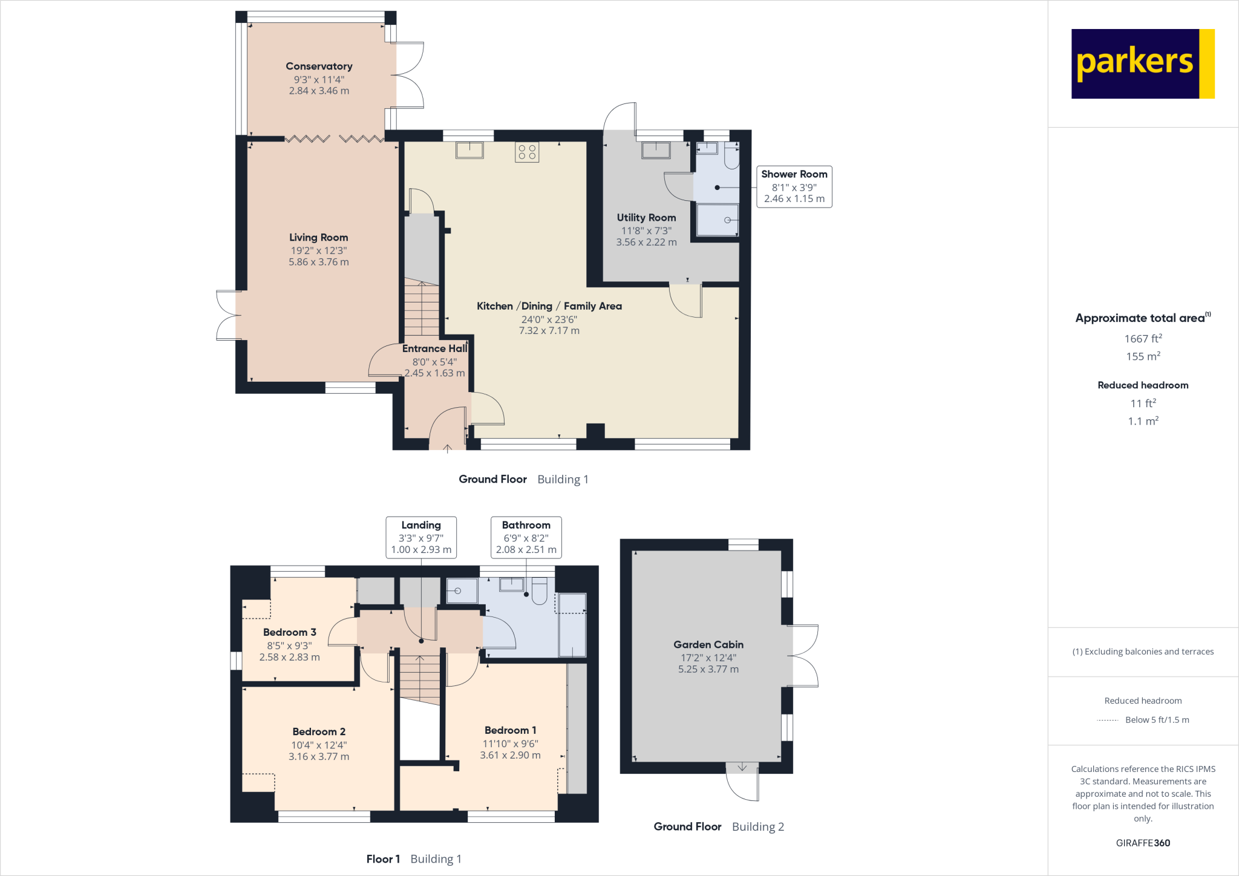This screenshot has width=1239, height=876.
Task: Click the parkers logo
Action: [x=1142, y=64]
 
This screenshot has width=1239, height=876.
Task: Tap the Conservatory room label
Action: [x=319, y=67]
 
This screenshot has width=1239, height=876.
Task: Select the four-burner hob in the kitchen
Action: [x=527, y=152]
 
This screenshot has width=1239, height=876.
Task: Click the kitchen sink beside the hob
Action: [x=469, y=149]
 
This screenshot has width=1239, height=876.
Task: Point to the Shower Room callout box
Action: [x=794, y=186]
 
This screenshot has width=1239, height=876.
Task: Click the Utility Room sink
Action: [x=656, y=149]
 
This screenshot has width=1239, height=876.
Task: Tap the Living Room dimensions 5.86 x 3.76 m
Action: [x=319, y=262]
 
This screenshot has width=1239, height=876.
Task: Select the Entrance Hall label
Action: [x=434, y=348]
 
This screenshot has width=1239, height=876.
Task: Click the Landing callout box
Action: [x=421, y=537]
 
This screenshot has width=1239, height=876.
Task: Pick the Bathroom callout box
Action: [x=526, y=537]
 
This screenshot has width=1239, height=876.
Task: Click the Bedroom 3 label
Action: [x=290, y=632]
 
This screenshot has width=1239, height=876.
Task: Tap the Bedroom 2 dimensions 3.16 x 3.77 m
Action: [x=319, y=757]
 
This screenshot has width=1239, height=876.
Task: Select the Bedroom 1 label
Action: [x=510, y=730]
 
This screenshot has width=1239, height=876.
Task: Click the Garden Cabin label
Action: [x=708, y=645]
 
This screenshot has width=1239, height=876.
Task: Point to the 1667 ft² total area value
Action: [x=1143, y=339]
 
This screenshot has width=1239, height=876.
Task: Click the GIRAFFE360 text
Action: [x=1143, y=843]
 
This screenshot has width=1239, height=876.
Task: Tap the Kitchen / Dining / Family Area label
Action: [x=549, y=306]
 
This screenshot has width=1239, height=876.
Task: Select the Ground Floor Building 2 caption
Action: [x=719, y=827]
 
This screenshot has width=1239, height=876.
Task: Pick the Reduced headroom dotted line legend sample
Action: [x=1107, y=720]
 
